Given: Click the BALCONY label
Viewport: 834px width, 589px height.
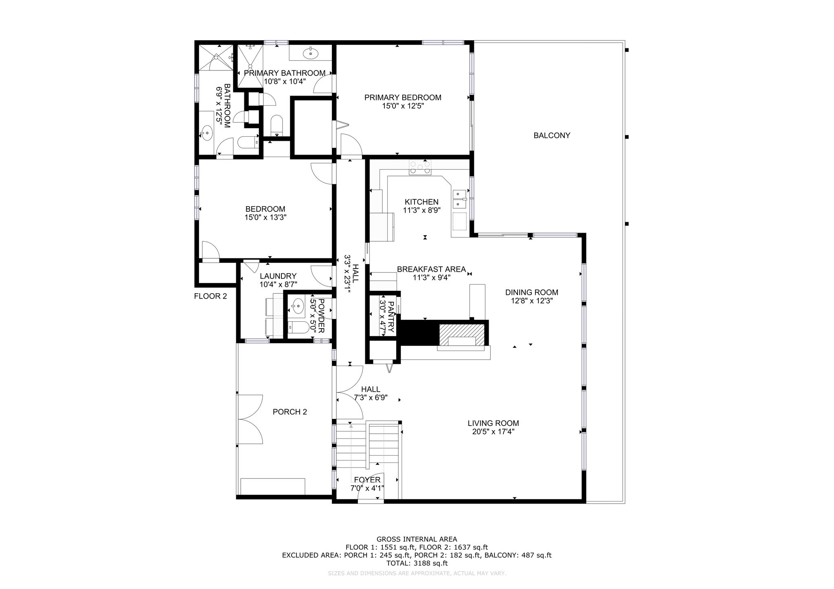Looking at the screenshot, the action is point(552,135).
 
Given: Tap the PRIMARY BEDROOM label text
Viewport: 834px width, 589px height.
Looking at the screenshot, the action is point(403,98).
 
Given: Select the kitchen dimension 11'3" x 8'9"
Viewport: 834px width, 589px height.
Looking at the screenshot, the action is point(422,210).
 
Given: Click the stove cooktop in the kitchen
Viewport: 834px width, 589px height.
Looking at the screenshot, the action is point(420,167).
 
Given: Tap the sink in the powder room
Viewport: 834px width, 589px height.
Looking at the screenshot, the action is point(298,305).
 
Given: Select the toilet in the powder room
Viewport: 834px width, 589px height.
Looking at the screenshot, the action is point(296,327).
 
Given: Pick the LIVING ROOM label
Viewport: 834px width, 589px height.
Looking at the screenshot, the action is point(493,423).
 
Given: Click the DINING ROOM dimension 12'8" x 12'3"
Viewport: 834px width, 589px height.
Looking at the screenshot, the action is point(532,301).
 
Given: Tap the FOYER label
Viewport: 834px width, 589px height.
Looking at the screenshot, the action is point(367,480).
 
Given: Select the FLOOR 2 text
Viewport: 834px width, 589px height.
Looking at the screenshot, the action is point(210,296).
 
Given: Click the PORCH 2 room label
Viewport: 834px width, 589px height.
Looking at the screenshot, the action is point(290,412).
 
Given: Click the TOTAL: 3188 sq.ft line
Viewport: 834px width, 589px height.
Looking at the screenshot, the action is point(417,563).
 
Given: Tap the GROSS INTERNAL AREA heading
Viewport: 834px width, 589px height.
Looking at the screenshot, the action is point(417,539).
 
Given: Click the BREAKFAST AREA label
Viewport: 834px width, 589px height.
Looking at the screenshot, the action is point(431,269).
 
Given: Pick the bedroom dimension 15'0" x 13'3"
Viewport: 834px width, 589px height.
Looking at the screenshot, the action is point(265,218).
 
